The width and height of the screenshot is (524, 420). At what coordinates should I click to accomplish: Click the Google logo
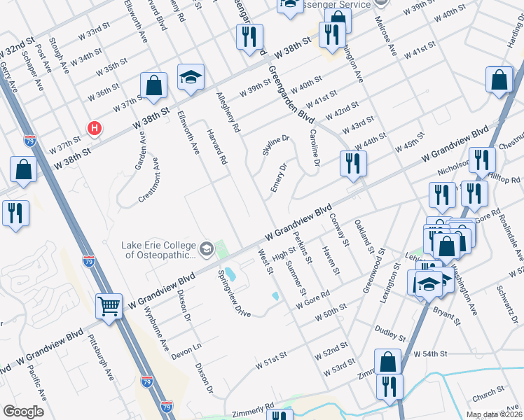(24, 412)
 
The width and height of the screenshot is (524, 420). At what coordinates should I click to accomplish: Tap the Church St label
(488, 397)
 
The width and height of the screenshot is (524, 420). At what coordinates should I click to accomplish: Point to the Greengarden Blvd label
(287, 94)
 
